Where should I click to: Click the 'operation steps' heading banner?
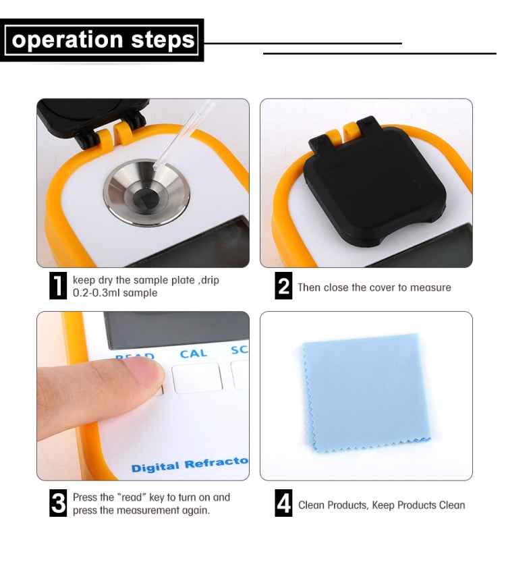tap(103, 40)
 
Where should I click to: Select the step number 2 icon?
tap(284, 287)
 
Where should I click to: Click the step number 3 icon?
tap(59, 504)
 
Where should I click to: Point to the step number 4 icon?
tap(284, 505)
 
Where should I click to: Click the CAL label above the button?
tap(193, 354)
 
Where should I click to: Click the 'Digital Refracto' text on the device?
tap(190, 466)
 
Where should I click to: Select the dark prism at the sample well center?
tap(146, 197)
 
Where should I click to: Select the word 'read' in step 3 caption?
tap(130, 497)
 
